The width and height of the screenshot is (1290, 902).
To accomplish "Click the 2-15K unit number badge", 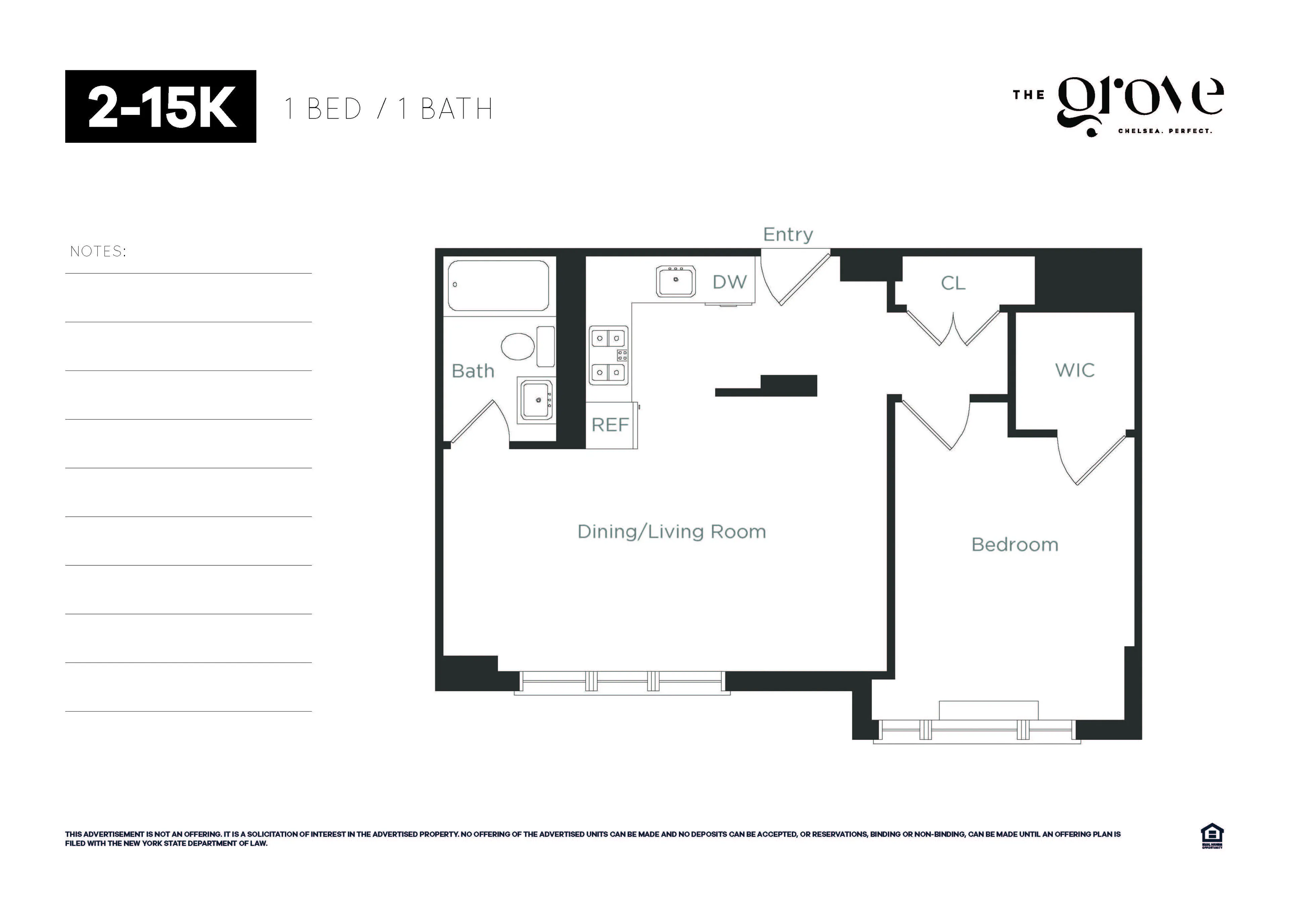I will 161,106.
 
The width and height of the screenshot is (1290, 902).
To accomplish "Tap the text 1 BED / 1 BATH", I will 388,109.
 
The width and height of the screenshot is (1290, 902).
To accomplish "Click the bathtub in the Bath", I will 498,286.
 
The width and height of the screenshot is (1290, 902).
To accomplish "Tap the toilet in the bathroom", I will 517,346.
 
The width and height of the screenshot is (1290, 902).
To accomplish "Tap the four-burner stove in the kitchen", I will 608,355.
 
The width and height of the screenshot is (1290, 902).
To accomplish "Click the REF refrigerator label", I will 610,425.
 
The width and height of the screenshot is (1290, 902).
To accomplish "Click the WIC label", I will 1074,370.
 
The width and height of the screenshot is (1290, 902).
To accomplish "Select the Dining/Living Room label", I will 672,532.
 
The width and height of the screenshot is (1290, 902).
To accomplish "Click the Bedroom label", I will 1015,545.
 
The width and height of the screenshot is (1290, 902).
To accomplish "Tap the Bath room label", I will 473,371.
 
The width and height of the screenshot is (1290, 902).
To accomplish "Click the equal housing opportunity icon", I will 1212,836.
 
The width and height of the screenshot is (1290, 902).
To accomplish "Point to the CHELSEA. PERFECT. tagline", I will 1165,131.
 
